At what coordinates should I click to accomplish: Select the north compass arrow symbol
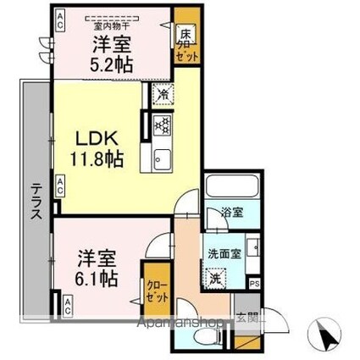tap(324, 334)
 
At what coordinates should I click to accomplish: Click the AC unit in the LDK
tap(61, 181)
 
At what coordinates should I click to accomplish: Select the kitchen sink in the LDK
tap(160, 158)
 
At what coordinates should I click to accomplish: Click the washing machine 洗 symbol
tap(218, 277)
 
